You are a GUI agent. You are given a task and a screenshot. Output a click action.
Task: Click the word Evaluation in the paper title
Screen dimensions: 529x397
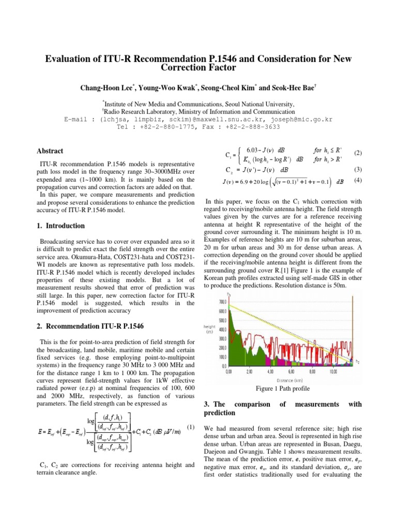pos(73,58)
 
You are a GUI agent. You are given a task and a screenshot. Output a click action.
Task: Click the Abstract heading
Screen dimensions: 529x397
pos(50,151)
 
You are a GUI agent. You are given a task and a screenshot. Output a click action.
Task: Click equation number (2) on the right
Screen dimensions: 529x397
pos(357,154)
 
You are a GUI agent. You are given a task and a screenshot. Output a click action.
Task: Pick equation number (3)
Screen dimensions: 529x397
pos(357,169)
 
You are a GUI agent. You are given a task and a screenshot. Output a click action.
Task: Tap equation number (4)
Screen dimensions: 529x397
pos(357,180)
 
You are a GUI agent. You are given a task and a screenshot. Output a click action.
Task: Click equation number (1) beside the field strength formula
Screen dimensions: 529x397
pos(190,427)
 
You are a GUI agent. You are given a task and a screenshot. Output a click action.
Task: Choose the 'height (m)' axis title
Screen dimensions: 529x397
pos(210,329)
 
